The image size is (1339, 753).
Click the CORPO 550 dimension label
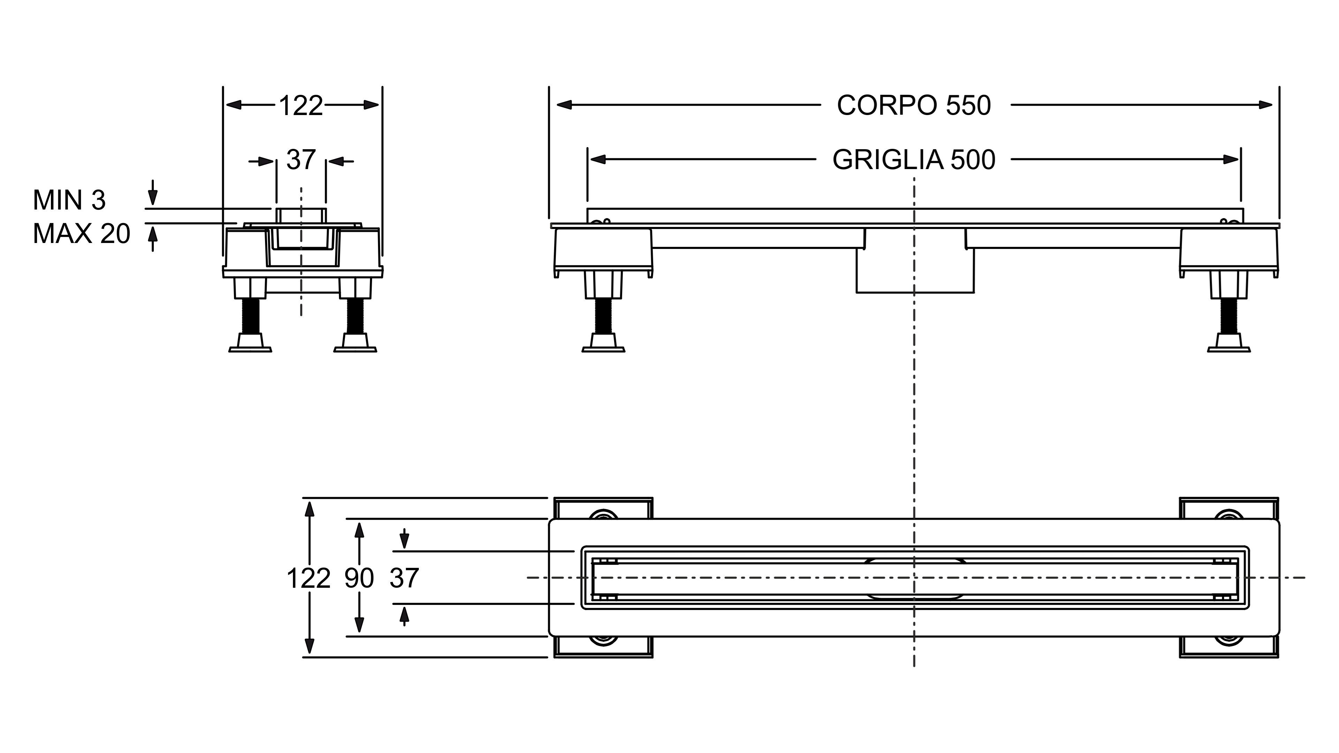pyautogui.click(x=914, y=106)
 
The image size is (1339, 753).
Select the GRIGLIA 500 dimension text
pyautogui.click(x=914, y=160)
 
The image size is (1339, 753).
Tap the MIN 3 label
pyautogui.click(x=69, y=200)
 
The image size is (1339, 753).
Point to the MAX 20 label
pyautogui.click(x=81, y=234)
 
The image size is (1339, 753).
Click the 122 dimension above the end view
pyautogui.click(x=301, y=106)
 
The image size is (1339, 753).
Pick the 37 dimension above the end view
pyautogui.click(x=301, y=160)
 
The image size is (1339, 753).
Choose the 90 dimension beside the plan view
pyautogui.click(x=359, y=578)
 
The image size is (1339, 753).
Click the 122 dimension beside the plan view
pyautogui.click(x=308, y=578)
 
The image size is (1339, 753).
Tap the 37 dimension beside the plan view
pyautogui.click(x=404, y=578)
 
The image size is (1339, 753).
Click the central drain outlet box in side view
pyautogui.click(x=915, y=270)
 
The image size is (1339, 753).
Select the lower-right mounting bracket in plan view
pyautogui.click(x=1229, y=647)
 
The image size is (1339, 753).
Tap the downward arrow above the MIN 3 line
pyautogui.click(x=152, y=195)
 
